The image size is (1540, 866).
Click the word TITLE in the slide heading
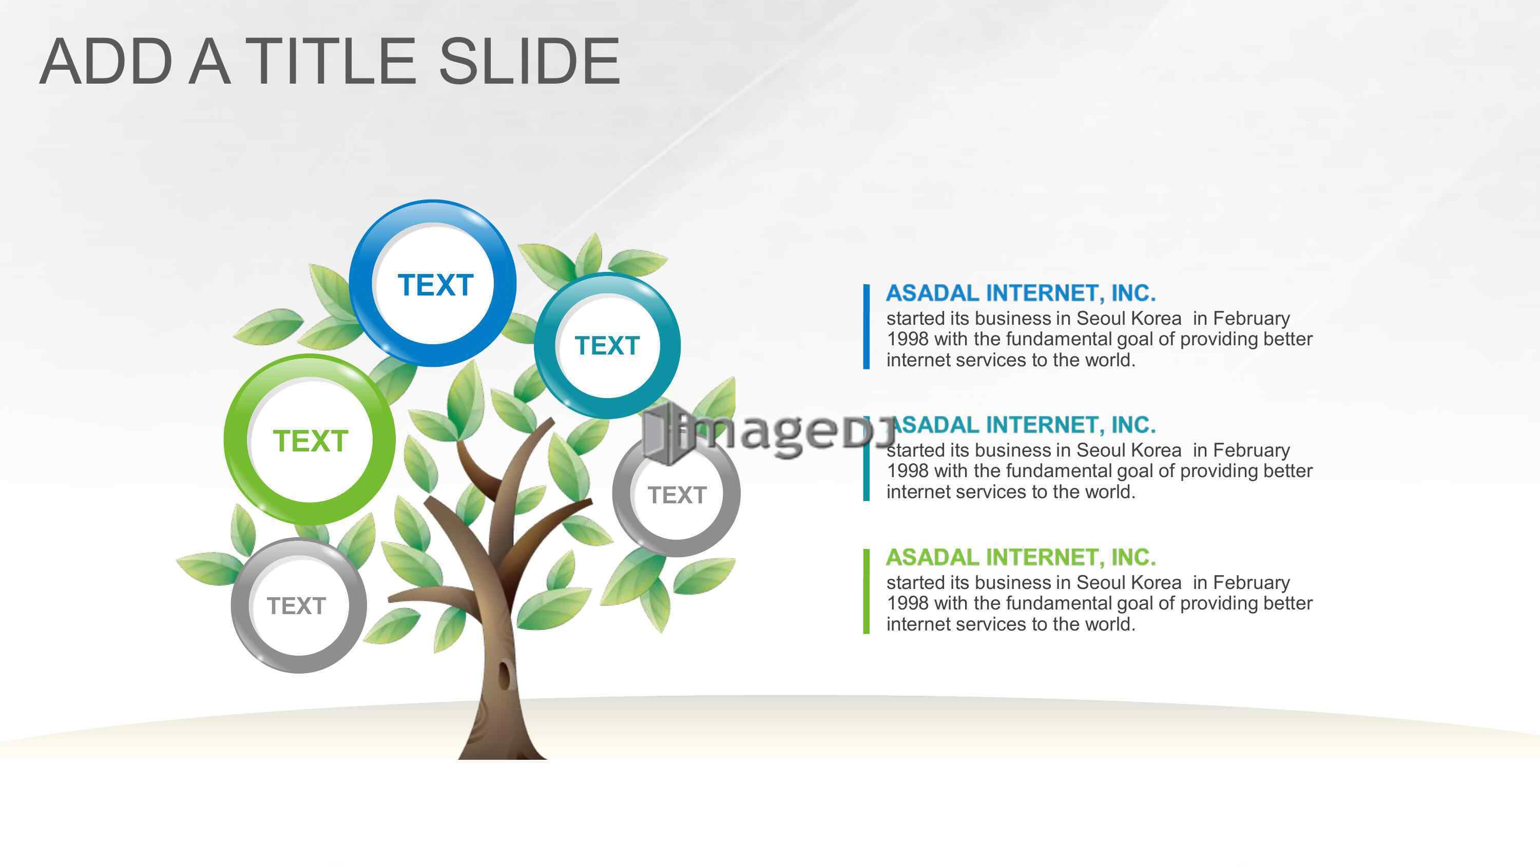(x=331, y=61)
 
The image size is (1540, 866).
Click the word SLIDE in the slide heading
(x=530, y=61)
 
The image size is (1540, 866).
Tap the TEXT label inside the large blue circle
(x=435, y=285)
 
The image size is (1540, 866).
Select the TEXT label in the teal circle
(x=607, y=345)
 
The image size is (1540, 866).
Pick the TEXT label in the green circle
(x=310, y=441)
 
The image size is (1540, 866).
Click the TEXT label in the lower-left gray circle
(x=297, y=606)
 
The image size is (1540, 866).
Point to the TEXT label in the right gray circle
(x=677, y=495)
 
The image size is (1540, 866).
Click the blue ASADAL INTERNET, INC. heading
(x=1021, y=293)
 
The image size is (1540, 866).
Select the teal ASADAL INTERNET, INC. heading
(x=1024, y=425)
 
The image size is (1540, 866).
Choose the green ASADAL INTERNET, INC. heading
(x=1021, y=557)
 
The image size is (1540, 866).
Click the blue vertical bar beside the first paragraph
(x=867, y=327)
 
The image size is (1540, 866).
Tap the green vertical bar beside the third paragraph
(x=867, y=591)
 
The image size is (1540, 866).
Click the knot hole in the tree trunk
(x=506, y=675)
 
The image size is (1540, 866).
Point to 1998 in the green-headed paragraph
(x=908, y=603)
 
